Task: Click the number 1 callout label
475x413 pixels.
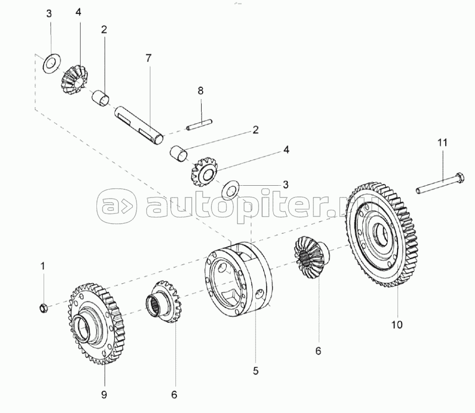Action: pos(43,266)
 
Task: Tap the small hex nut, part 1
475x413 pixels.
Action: pos(44,308)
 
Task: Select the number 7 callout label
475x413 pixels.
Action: pos(148,58)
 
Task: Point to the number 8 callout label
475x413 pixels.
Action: pos(201,90)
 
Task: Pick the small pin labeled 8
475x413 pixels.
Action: pos(200,123)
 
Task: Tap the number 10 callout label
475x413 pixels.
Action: pos(398,324)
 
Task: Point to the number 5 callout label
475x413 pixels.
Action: pos(255,370)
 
